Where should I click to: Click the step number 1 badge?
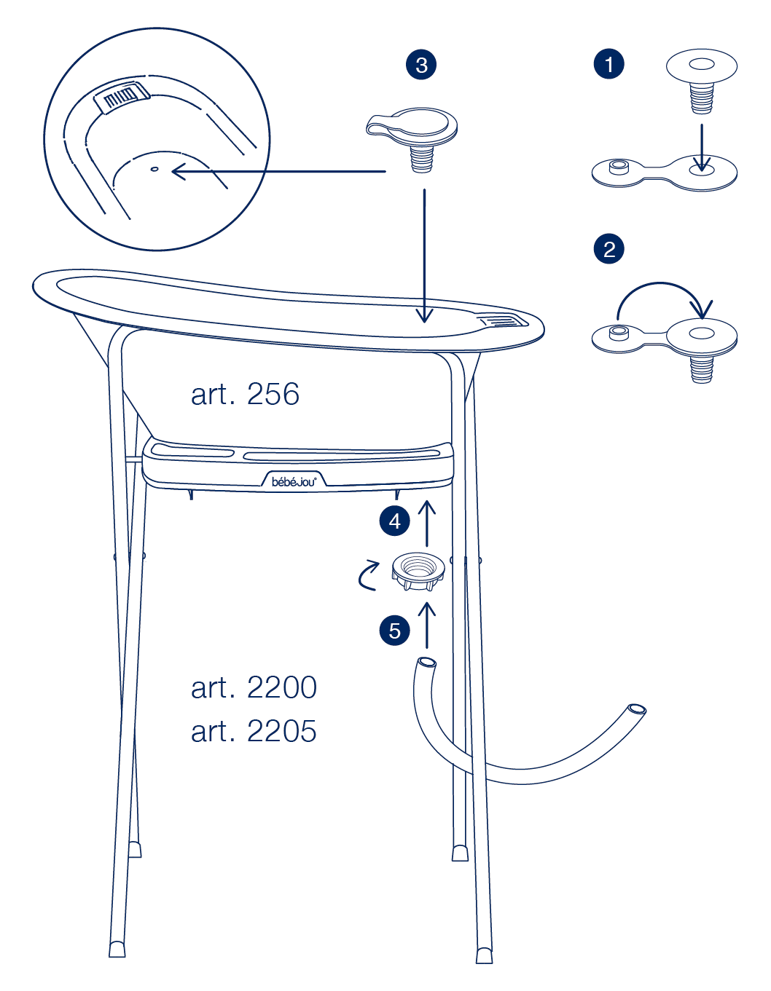pyautogui.click(x=608, y=64)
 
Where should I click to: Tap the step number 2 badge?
pyautogui.click(x=608, y=249)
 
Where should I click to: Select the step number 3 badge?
pyautogui.click(x=421, y=64)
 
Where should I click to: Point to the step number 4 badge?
pyautogui.click(x=395, y=521)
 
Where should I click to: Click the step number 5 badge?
pyautogui.click(x=395, y=631)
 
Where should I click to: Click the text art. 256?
pyautogui.click(x=245, y=394)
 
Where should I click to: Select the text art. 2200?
pyautogui.click(x=254, y=687)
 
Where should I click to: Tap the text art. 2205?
pyautogui.click(x=254, y=731)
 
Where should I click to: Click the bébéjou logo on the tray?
pyautogui.click(x=294, y=481)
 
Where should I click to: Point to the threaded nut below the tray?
pyautogui.click(x=418, y=572)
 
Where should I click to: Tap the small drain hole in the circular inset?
pyautogui.click(x=154, y=169)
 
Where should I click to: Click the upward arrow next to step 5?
pyautogui.click(x=426, y=625)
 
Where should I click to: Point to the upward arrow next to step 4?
pyautogui.click(x=426, y=523)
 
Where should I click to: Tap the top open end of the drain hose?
pyautogui.click(x=426, y=662)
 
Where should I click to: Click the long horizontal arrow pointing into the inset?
pyautogui.click(x=279, y=171)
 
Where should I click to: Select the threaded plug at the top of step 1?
pyautogui.click(x=702, y=80)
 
